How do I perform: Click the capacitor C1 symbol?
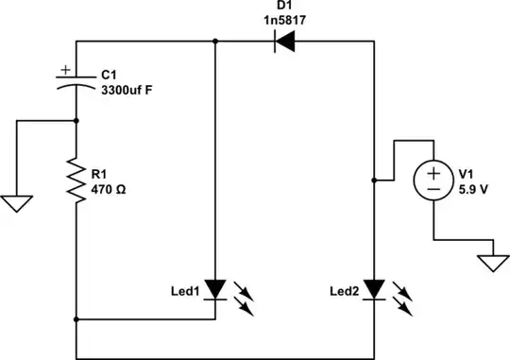75,84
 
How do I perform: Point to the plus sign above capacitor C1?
64,69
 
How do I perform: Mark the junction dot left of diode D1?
216,41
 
